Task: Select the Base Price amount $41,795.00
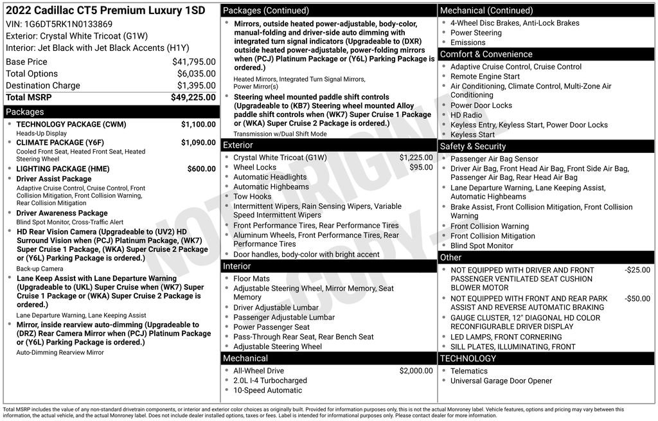(x=193, y=62)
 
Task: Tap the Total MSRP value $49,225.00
(x=193, y=97)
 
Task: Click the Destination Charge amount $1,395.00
(x=196, y=85)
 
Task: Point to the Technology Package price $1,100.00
(x=198, y=124)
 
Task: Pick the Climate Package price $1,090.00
(x=198, y=142)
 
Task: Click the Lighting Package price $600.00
(x=201, y=169)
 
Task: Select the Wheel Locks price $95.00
(x=421, y=167)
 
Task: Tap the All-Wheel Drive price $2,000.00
(x=416, y=371)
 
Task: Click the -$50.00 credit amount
(x=637, y=299)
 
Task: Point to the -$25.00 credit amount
(x=637, y=270)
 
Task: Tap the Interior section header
(x=237, y=266)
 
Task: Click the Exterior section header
(x=238, y=145)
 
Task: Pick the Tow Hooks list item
(x=252, y=197)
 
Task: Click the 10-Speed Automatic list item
(x=267, y=390)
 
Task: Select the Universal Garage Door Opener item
(x=501, y=381)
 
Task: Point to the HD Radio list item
(x=466, y=115)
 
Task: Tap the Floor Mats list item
(x=251, y=279)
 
